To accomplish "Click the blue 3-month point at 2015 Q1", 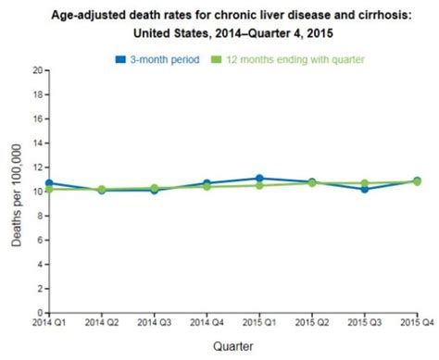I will (259, 178).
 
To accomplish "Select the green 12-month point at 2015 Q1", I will (259, 185).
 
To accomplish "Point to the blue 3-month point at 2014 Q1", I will (49, 183).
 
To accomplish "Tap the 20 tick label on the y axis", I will (38, 69).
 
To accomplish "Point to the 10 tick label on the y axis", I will (38, 192).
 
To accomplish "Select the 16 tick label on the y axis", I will (38, 118).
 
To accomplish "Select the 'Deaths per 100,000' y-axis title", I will (17, 192).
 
